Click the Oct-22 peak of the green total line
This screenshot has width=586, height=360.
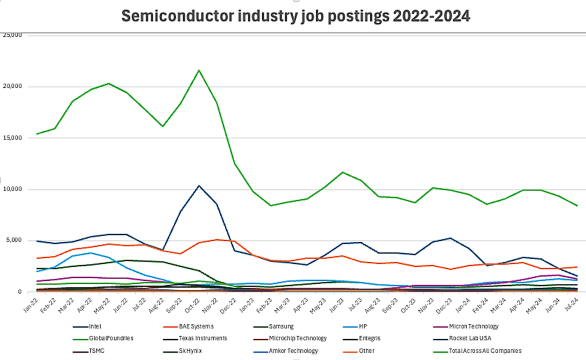pyautogui.click(x=200, y=70)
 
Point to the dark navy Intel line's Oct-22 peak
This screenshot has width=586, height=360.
pyautogui.click(x=200, y=185)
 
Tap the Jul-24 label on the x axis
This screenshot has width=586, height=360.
pyautogui.click(x=572, y=303)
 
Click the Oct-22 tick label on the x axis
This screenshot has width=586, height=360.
pyautogui.click(x=197, y=303)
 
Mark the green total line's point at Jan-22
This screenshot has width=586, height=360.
pyautogui.click(x=38, y=134)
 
